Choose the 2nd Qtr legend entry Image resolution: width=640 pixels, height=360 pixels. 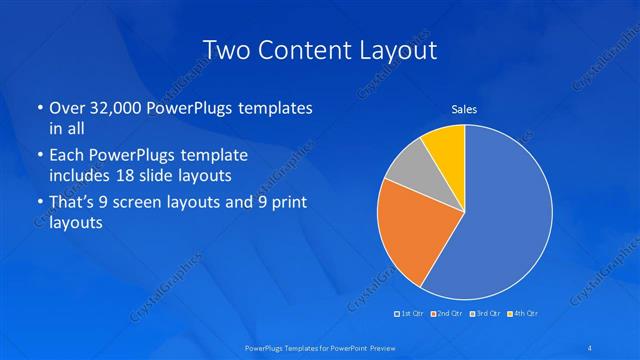(x=449, y=314)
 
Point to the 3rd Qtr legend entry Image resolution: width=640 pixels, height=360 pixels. (x=486, y=314)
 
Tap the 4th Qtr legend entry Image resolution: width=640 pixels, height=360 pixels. (x=523, y=314)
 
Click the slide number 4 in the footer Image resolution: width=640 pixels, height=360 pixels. (x=591, y=347)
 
